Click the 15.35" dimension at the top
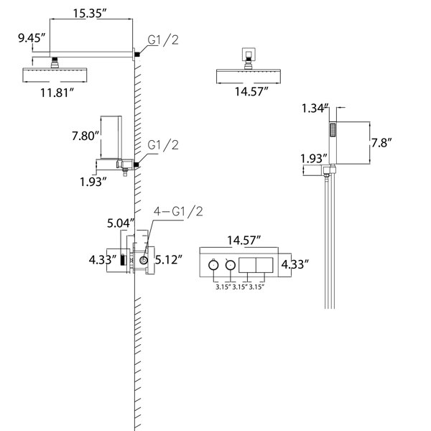[x=89, y=14]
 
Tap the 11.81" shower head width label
[x=57, y=93]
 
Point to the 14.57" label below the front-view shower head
[x=251, y=91]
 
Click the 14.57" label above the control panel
[x=244, y=240]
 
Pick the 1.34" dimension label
[x=315, y=108]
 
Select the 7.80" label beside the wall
[x=85, y=136]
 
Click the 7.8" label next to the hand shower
[x=381, y=143]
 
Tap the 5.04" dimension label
[x=121, y=223]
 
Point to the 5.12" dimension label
[x=169, y=259]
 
